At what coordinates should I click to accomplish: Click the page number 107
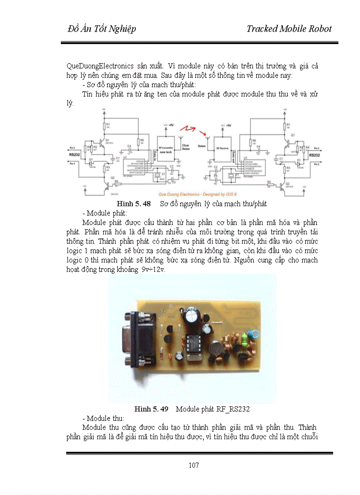(x=194, y=465)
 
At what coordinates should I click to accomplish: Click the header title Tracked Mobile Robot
(x=289, y=29)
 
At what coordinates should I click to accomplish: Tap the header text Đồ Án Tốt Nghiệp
(x=102, y=29)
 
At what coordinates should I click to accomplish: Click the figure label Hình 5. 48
(x=133, y=204)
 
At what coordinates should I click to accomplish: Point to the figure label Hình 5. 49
(x=151, y=409)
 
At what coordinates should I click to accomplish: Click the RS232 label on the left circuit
(x=74, y=155)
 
